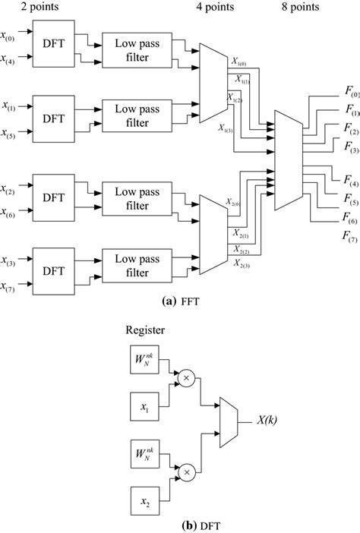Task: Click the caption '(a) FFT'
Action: click(178, 300)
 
